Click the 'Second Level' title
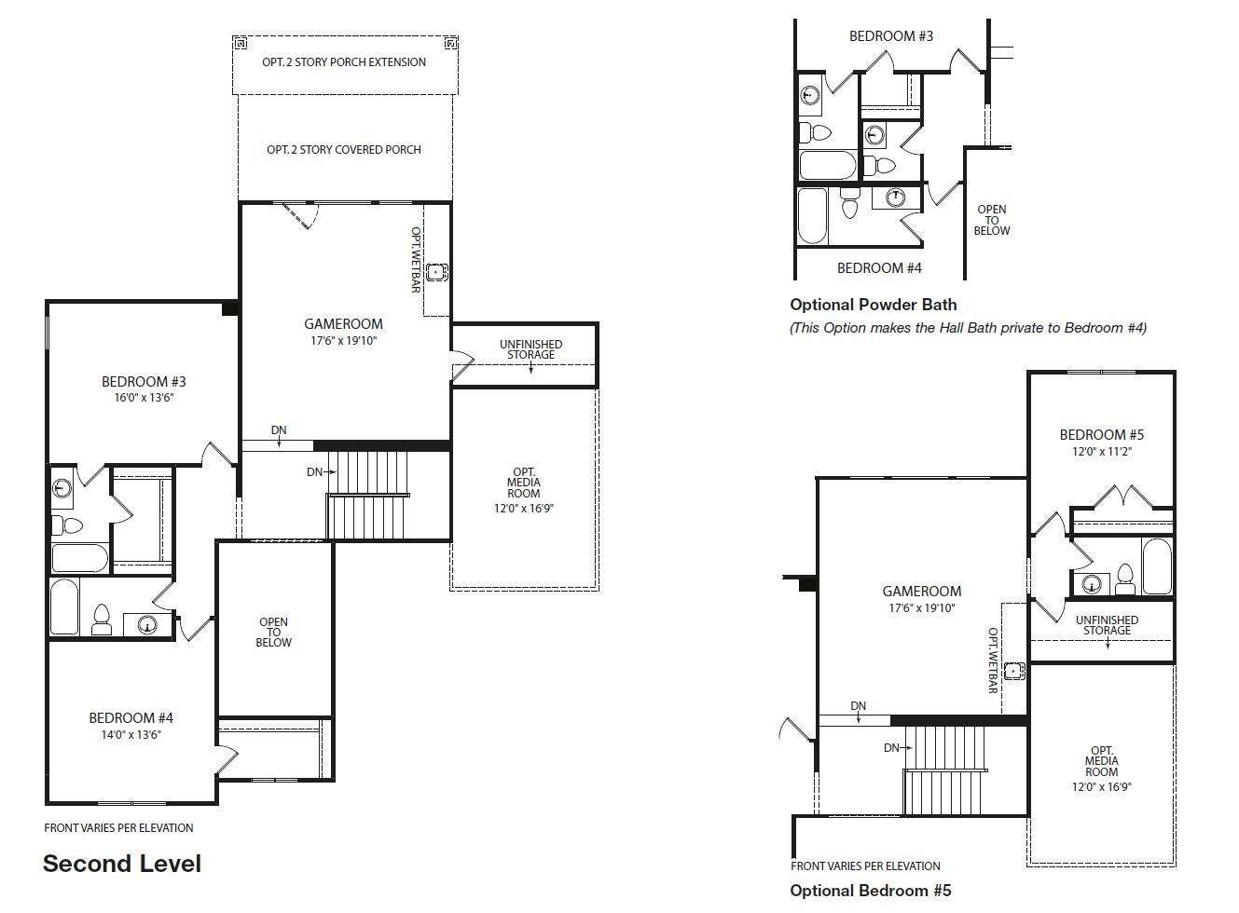click(122, 864)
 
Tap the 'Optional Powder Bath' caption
click(874, 305)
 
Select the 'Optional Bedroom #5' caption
click(871, 891)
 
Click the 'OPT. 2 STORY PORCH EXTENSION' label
click(344, 61)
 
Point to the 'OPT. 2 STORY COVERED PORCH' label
click(344, 150)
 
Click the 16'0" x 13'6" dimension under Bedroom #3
click(144, 398)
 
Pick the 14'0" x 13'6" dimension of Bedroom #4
click(131, 734)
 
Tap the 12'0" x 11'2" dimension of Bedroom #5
click(1102, 452)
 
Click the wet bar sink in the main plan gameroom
click(436, 272)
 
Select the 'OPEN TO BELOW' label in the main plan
click(273, 633)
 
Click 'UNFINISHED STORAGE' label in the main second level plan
click(531, 349)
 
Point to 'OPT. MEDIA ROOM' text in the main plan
click(524, 483)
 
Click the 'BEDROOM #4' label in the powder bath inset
click(879, 268)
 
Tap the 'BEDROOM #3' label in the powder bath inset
click(891, 36)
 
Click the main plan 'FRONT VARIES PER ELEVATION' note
click(119, 828)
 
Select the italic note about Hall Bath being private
click(969, 328)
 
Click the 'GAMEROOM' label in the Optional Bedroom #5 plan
click(922, 592)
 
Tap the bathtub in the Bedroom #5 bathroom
click(1157, 566)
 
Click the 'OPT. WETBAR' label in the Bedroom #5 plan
click(993, 661)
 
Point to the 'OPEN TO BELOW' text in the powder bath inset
click(992, 220)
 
